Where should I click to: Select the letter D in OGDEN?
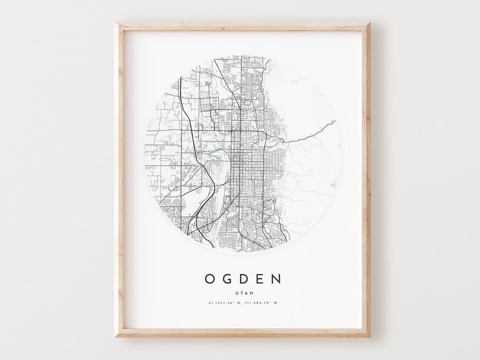(244, 279)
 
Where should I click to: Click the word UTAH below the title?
(243, 292)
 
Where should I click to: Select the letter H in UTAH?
(248, 292)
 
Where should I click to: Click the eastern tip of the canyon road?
(335, 120)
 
